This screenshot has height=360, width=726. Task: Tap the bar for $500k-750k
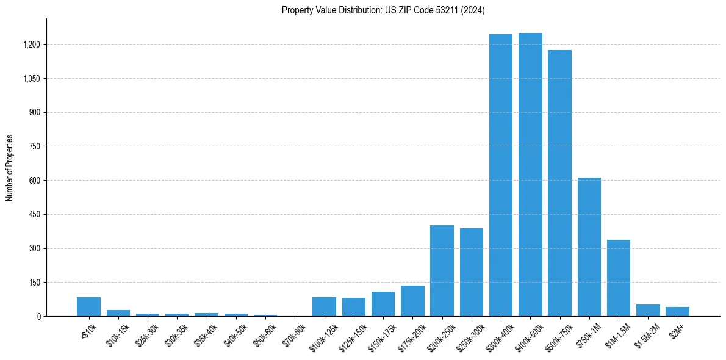559,183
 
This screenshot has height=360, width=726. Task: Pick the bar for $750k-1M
589,247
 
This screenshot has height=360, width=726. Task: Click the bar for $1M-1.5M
619,278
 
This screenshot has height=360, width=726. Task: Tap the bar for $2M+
677,311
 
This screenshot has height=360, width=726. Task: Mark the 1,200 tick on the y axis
32,45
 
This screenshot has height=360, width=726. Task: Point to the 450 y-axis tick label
35,215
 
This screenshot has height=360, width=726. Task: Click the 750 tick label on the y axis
35,146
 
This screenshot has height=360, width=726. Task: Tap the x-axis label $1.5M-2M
647,336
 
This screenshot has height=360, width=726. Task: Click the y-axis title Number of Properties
10,168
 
